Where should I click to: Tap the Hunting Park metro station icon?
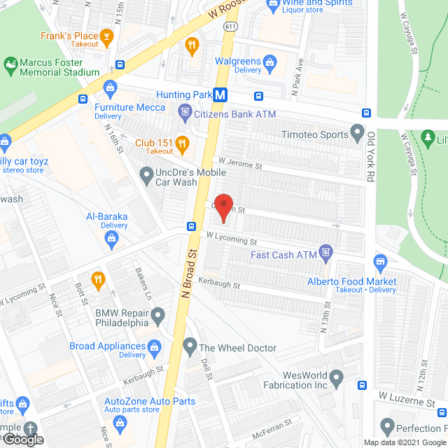point(220,94)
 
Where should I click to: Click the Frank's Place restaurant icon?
point(106,36)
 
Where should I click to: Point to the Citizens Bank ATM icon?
point(185,110)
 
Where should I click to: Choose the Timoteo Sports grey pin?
point(358,132)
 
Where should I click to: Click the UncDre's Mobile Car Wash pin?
point(146,174)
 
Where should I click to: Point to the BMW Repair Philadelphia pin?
point(158,314)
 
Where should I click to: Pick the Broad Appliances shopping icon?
point(155,346)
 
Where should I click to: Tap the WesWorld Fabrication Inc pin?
point(336,379)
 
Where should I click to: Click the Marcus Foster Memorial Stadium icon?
point(10,66)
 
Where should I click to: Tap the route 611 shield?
point(230,26)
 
